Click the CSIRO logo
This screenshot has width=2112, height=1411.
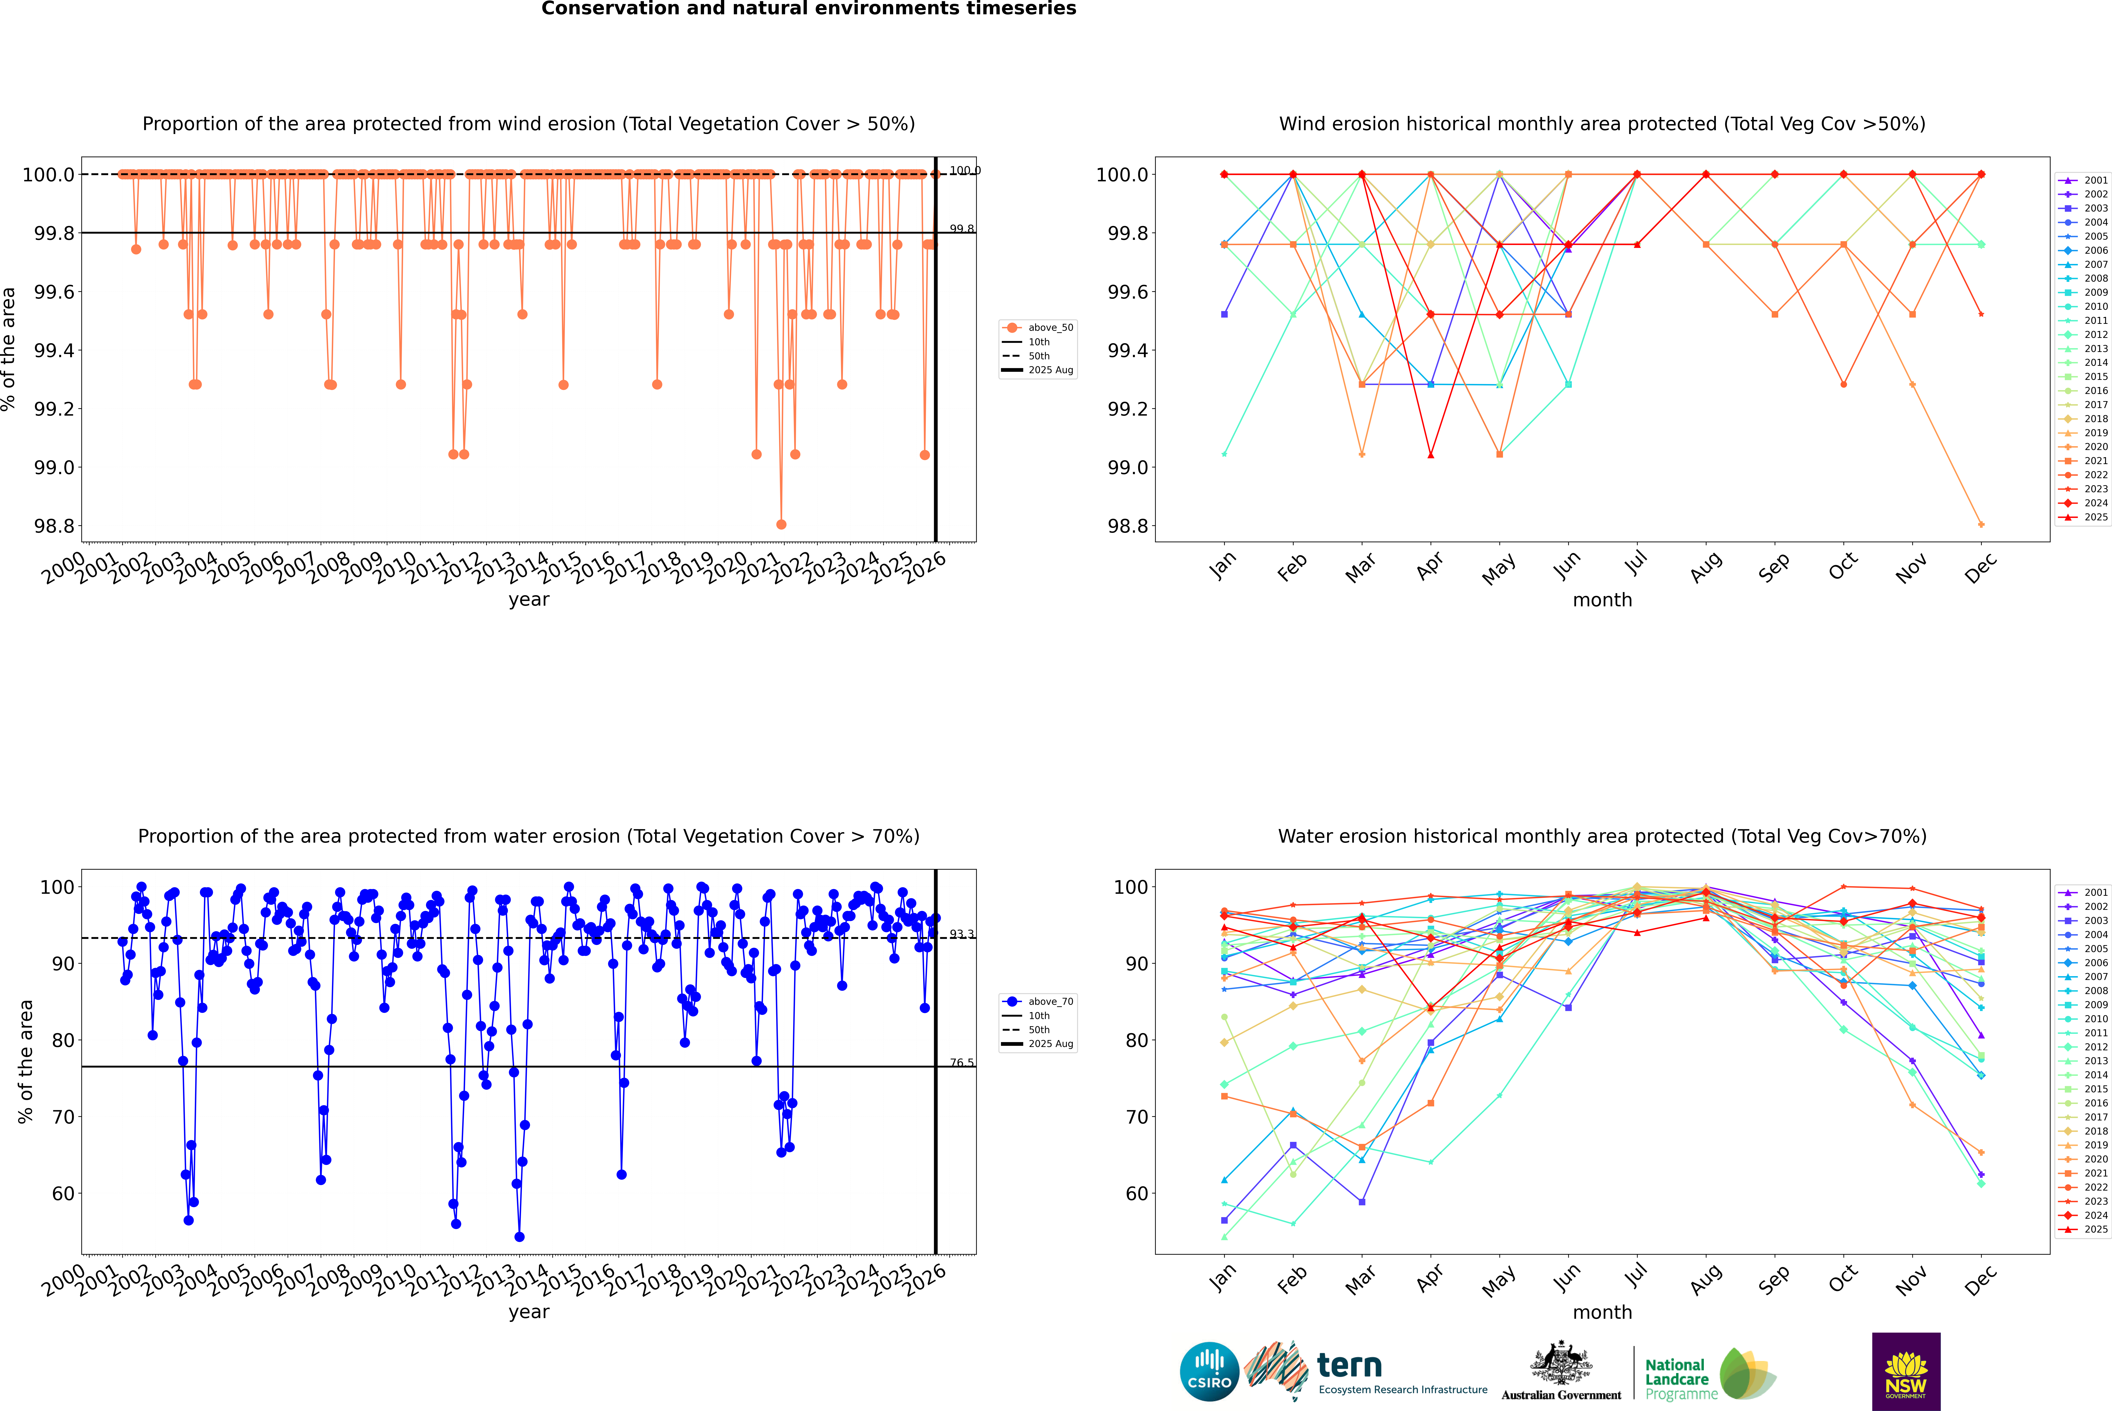point(1209,1371)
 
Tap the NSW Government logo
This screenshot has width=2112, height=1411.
point(1906,1371)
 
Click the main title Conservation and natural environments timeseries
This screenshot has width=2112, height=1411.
point(808,9)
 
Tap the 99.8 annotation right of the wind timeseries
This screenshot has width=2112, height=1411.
point(961,229)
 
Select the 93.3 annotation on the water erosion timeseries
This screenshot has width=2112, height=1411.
point(961,934)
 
